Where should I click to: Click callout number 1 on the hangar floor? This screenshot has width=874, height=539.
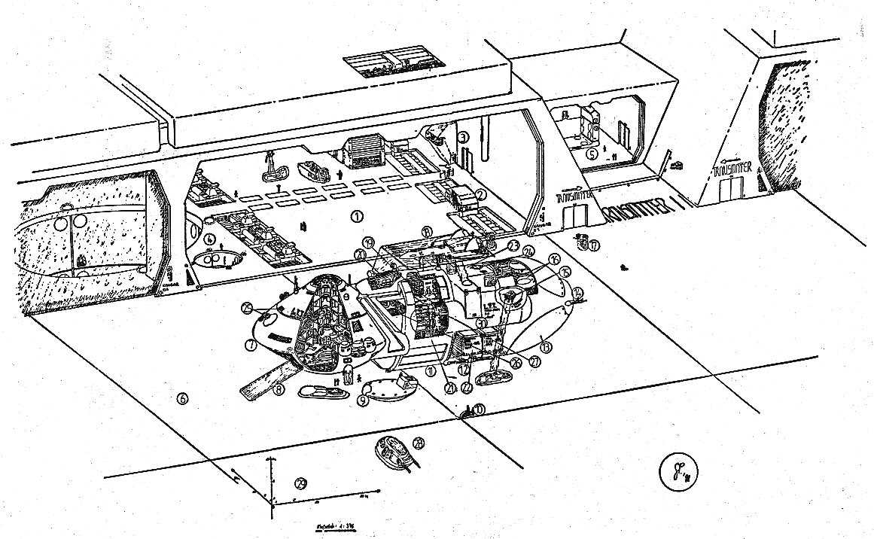coord(357,216)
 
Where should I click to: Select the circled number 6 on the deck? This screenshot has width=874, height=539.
coord(181,399)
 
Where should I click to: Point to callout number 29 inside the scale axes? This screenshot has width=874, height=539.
coord(301,483)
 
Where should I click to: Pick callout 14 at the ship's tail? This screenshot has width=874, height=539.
coord(577,292)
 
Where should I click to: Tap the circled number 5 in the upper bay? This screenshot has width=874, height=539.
coord(592,154)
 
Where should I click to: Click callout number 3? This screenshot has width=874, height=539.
coord(464,137)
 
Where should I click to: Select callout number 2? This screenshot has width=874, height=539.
coord(479,193)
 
